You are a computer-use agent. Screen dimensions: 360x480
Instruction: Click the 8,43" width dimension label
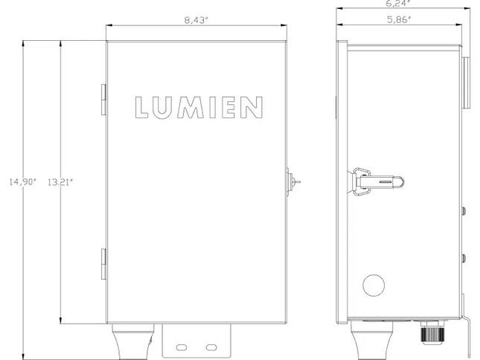point(196,19)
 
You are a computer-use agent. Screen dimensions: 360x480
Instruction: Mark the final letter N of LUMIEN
point(254,107)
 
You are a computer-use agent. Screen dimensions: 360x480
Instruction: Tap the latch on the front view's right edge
point(292,180)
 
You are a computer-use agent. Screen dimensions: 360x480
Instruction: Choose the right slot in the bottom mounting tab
point(211,347)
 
